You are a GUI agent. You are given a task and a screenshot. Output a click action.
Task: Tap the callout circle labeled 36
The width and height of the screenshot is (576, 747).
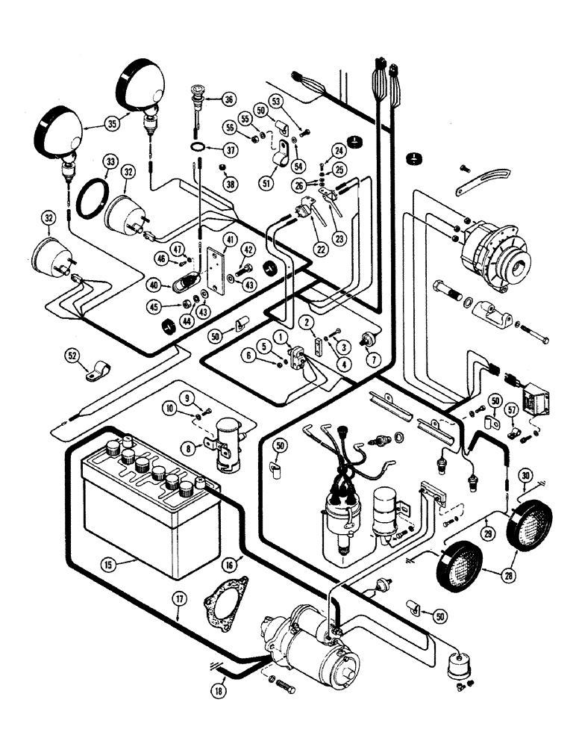228,99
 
